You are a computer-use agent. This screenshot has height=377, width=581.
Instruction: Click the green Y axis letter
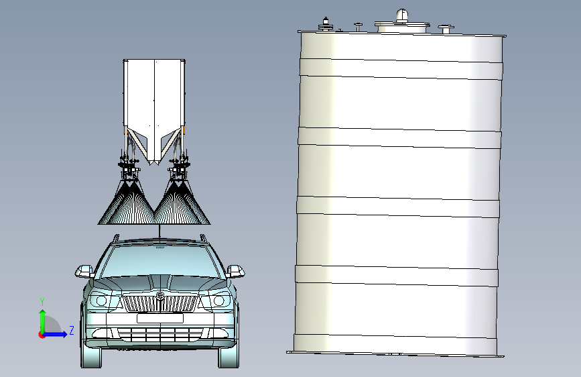[42, 301]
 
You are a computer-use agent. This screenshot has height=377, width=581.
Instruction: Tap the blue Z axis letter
[71, 331]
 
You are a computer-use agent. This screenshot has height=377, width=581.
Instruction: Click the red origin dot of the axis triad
[42, 335]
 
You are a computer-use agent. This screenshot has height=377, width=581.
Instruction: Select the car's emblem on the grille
[160, 295]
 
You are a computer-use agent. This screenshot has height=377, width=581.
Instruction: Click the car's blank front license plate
[160, 319]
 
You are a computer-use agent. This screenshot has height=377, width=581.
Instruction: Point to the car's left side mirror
[85, 271]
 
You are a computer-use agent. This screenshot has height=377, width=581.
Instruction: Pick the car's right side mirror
[236, 271]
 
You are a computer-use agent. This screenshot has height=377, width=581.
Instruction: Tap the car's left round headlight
[102, 301]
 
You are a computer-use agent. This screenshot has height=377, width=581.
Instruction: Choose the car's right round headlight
[218, 301]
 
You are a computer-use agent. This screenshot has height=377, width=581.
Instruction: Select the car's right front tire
[229, 356]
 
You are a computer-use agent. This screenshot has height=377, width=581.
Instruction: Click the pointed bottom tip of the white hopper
[154, 163]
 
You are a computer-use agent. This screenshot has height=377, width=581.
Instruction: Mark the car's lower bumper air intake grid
[160, 333]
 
